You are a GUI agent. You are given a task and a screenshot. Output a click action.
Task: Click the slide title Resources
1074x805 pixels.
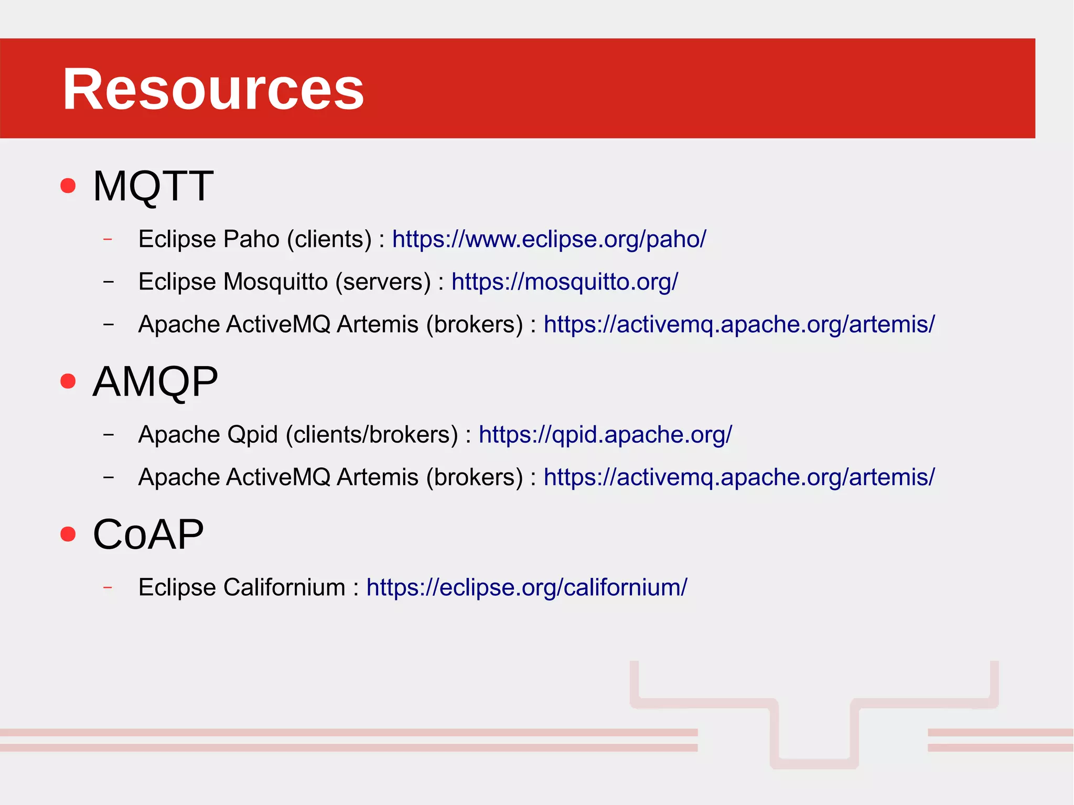coord(213,89)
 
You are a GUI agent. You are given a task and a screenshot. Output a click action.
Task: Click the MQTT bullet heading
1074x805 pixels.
coord(153,186)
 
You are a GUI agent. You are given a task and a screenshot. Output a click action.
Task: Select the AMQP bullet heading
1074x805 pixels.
coord(155,381)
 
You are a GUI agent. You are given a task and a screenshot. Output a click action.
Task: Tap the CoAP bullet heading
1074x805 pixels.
coord(148,534)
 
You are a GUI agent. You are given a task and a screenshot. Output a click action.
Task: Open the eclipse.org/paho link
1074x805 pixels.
coord(549,239)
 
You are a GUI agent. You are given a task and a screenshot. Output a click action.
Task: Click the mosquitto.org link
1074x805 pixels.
coord(564,282)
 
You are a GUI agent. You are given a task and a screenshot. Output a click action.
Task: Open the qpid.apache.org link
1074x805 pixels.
coord(605,435)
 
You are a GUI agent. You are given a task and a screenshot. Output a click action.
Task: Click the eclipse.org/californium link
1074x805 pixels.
coord(526,587)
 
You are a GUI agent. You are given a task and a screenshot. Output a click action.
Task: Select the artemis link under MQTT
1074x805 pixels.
coord(738,324)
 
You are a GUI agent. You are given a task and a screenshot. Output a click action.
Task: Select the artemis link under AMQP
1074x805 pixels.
coord(738,477)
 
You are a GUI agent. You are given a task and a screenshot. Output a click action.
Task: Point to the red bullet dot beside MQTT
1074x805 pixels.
coord(68,186)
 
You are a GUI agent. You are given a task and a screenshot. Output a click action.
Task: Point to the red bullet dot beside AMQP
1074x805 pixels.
coord(68,381)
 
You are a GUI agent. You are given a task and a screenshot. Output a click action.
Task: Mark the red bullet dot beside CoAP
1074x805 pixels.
coord(68,534)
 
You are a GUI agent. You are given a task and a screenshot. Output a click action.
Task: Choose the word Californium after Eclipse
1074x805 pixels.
coord(284,587)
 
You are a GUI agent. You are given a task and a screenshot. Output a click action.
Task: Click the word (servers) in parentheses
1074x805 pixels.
coord(383,282)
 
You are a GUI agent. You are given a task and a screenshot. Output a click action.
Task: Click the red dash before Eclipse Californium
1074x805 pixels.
coord(108,587)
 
